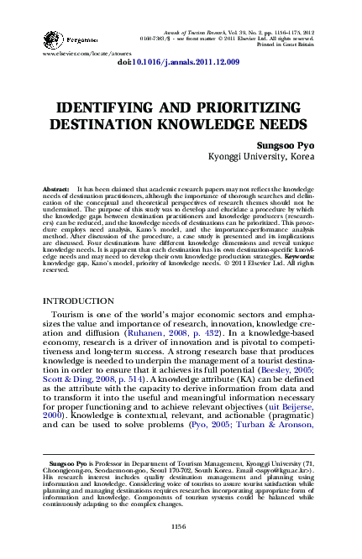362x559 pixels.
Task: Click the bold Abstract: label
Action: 56,191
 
